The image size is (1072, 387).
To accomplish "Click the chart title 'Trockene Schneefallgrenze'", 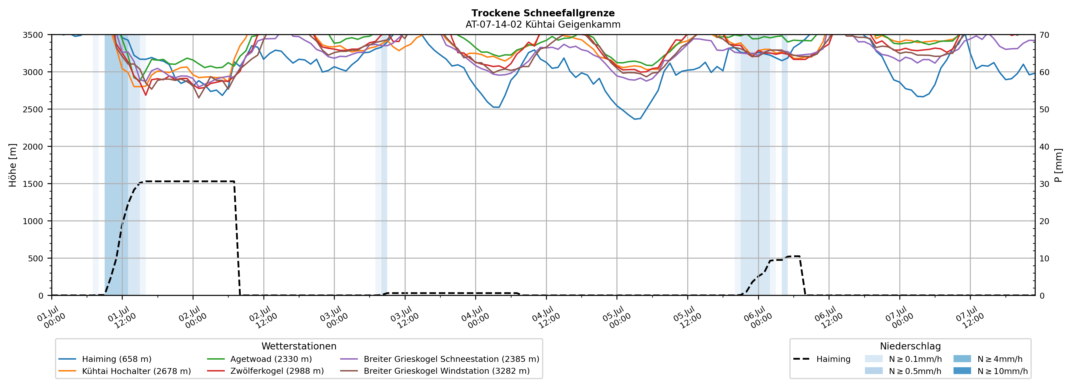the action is [543, 13].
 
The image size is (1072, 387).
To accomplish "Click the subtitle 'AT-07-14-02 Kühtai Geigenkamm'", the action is [543, 25].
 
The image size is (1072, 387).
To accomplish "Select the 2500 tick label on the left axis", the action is [33, 110].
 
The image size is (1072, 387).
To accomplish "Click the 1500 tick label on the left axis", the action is [33, 184].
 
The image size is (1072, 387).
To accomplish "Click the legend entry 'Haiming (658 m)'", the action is [105, 359].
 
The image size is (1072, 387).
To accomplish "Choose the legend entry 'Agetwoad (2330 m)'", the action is [259, 359].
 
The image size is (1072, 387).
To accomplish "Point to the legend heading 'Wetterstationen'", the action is [299, 346].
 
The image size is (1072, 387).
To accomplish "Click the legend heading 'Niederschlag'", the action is [910, 346].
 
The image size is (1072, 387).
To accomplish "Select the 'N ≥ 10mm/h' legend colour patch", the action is [962, 371].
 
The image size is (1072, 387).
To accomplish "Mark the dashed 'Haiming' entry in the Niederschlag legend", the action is [822, 359].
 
